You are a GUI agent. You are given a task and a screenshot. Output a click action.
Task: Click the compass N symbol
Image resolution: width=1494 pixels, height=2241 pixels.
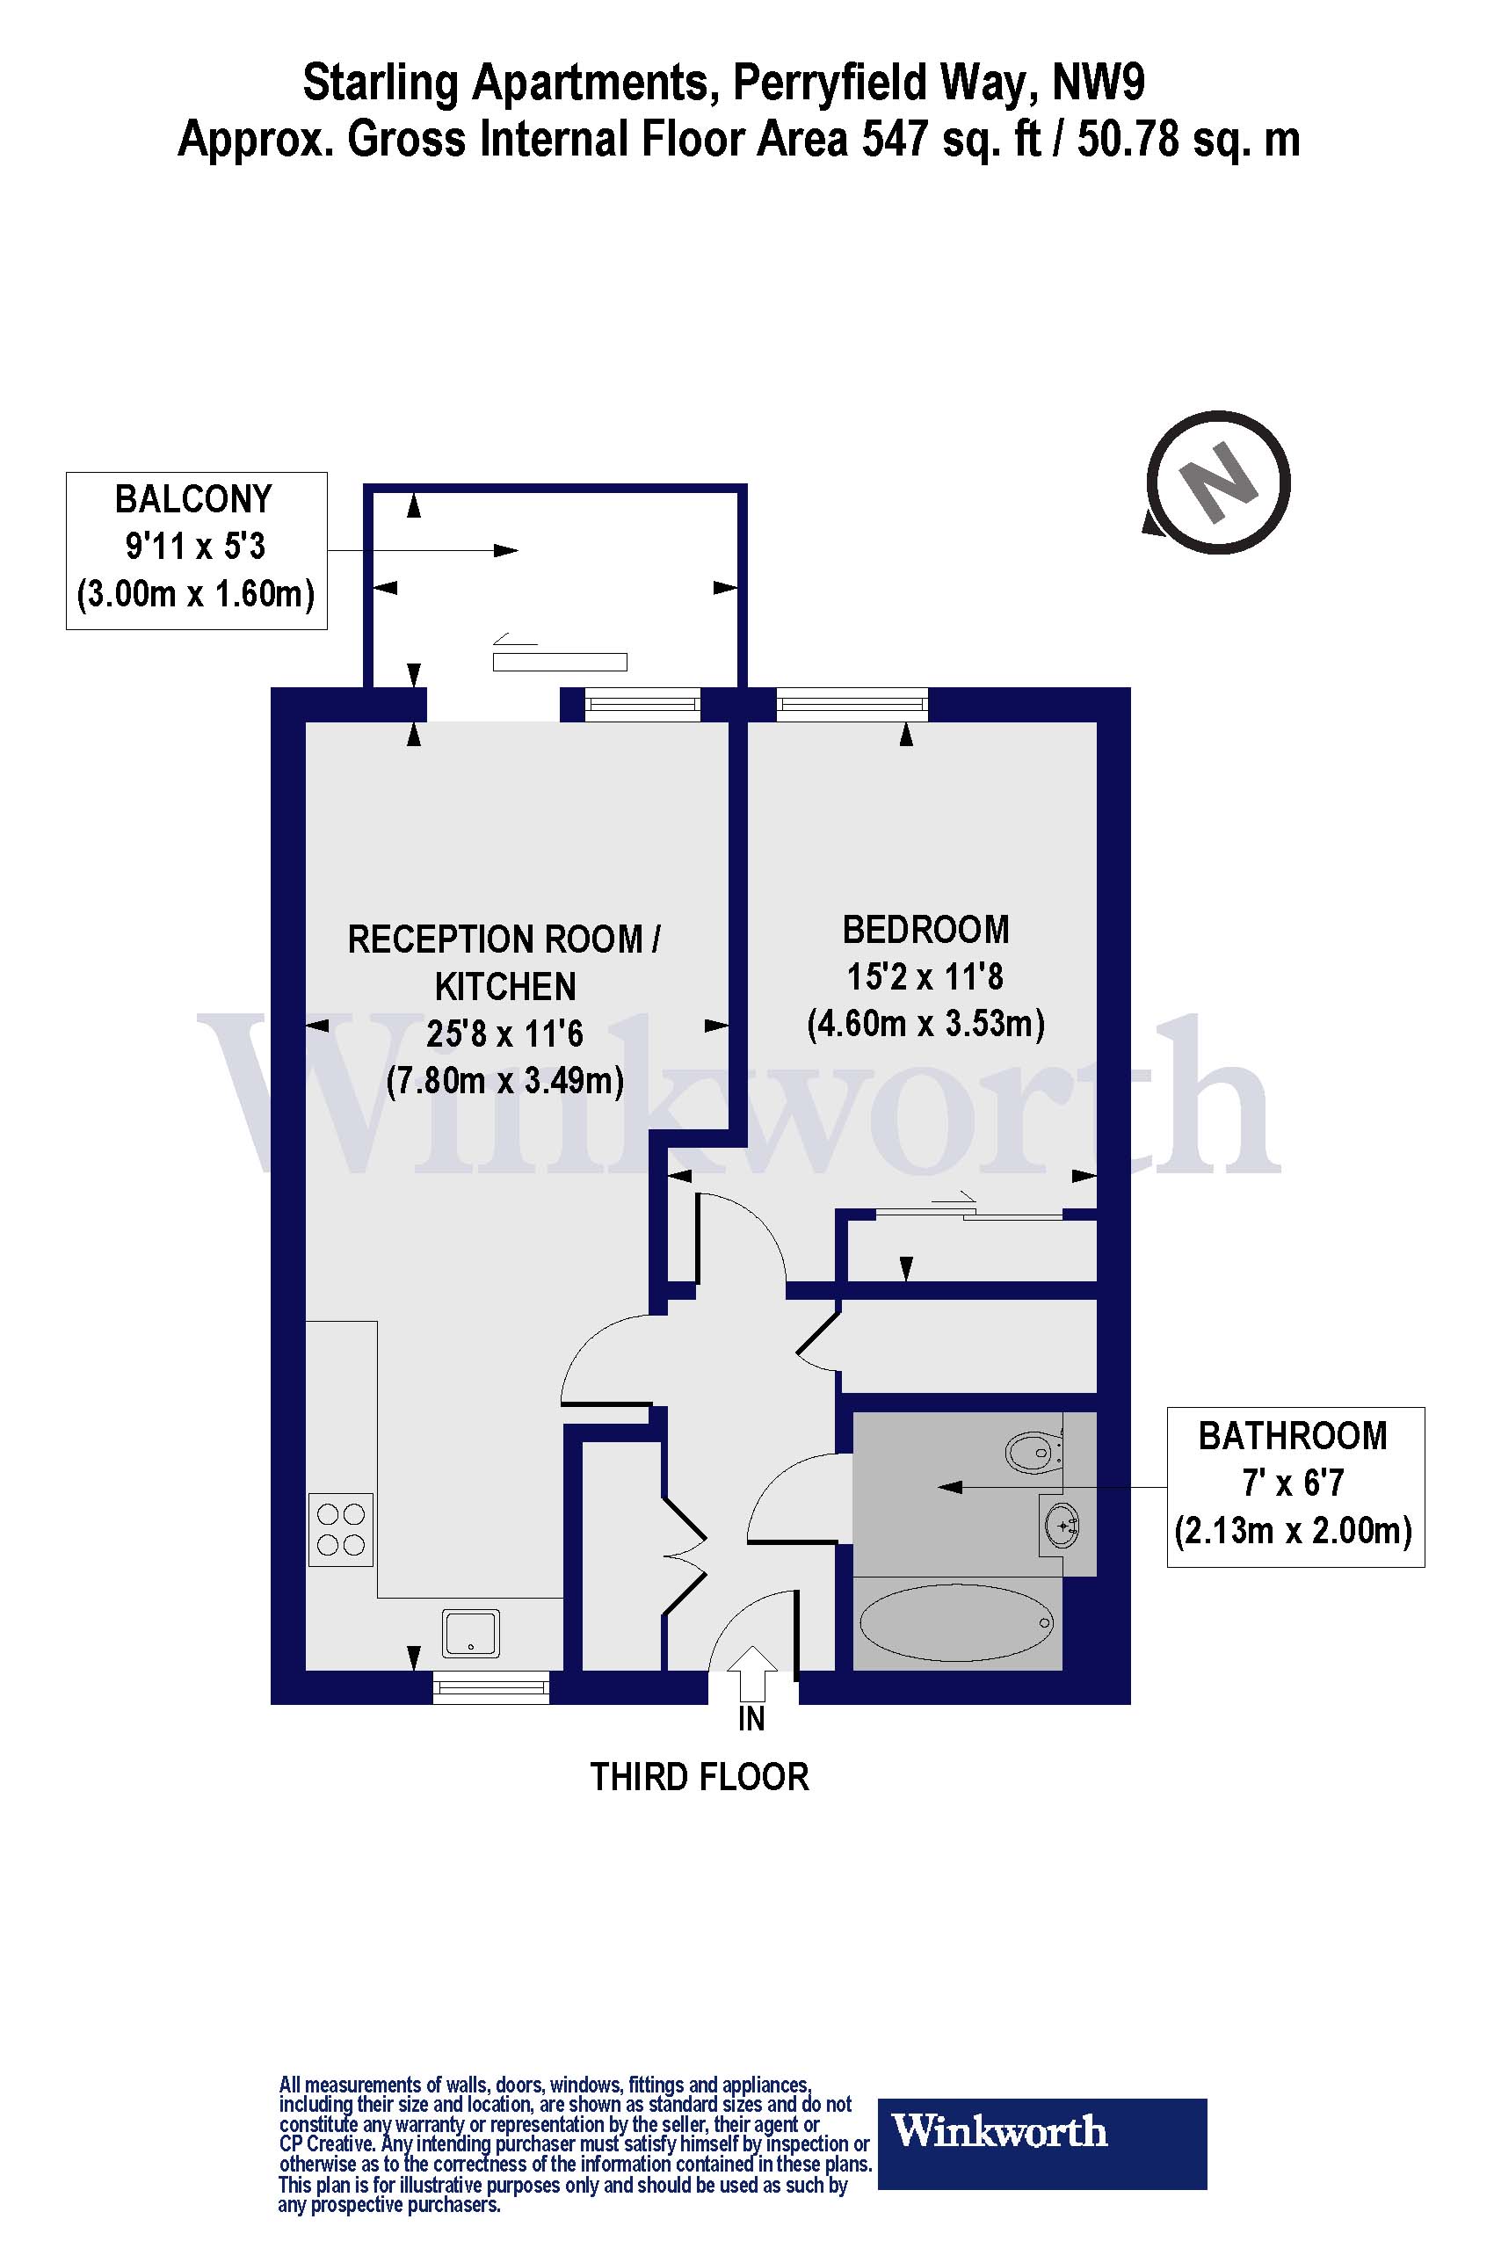[x=1217, y=482]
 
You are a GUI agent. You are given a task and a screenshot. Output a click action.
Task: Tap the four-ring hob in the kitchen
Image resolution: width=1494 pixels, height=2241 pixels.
[x=340, y=1529]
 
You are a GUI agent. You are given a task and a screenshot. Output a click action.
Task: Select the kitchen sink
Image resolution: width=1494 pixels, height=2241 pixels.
[x=471, y=1632]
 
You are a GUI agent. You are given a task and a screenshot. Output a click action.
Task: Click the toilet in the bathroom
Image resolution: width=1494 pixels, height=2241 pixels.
[x=1033, y=1453]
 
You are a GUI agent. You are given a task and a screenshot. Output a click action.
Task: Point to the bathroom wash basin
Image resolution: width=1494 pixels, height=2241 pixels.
[x=1062, y=1527]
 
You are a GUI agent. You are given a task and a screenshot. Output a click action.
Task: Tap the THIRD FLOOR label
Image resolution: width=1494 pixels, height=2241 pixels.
[x=700, y=1777]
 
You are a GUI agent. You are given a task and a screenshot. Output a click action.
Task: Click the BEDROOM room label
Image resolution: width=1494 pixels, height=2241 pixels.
[x=925, y=930]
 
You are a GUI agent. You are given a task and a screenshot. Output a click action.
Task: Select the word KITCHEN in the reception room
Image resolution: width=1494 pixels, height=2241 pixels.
[x=505, y=987]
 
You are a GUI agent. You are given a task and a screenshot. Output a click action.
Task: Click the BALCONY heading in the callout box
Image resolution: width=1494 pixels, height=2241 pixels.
[x=193, y=499]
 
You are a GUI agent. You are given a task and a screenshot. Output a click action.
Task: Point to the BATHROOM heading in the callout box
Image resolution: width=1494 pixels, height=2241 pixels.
[x=1293, y=1436]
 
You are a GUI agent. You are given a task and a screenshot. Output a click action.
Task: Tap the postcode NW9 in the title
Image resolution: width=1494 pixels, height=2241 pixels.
[x=1099, y=83]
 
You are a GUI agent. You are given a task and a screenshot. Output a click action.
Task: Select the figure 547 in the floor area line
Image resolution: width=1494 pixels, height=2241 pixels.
[x=895, y=139]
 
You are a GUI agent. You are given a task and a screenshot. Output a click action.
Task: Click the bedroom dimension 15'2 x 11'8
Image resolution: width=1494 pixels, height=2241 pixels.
[x=925, y=976]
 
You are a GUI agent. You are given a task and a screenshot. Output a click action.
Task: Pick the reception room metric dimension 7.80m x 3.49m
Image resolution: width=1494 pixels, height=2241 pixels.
[x=505, y=1082]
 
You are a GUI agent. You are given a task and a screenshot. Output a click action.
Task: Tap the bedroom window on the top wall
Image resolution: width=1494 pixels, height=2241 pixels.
[x=852, y=704]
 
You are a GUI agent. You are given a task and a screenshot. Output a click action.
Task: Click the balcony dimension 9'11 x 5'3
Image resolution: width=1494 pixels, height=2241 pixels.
[x=195, y=547]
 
